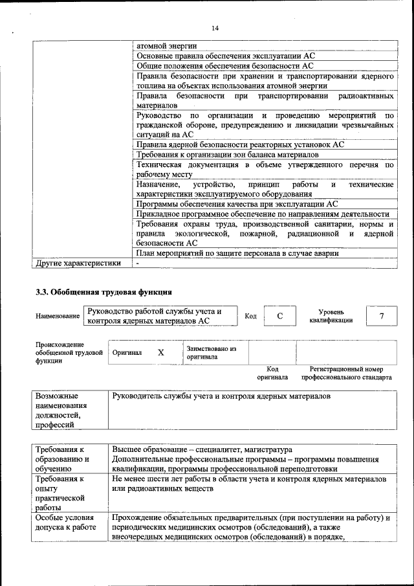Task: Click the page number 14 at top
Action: click(x=215, y=27)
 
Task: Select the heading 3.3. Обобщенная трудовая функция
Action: click(x=103, y=291)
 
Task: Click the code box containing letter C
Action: click(x=279, y=316)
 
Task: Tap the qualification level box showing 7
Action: click(x=382, y=316)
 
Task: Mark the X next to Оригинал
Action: click(x=161, y=353)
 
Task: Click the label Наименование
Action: click(x=58, y=316)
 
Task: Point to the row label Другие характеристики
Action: click(x=78, y=264)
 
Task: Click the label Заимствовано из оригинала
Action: click(x=211, y=352)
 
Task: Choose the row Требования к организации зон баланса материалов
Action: click(x=228, y=155)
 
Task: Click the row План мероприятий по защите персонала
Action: click(x=237, y=253)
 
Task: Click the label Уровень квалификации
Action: click(x=331, y=316)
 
